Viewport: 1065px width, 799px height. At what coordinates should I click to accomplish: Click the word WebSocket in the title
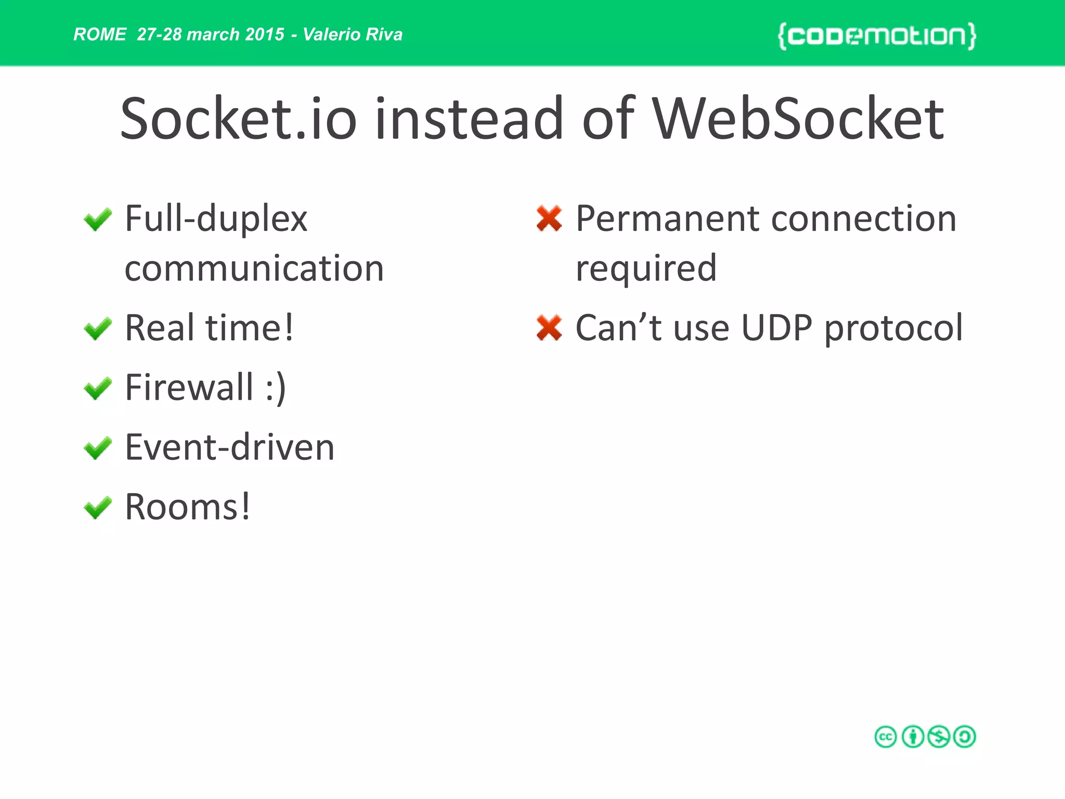(x=798, y=120)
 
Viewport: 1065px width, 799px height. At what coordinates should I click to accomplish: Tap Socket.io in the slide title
(x=238, y=120)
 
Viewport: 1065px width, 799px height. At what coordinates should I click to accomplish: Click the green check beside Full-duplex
(x=98, y=220)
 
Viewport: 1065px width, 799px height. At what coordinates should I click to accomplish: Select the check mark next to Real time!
(x=98, y=329)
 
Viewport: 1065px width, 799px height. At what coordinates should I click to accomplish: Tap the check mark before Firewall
(x=98, y=389)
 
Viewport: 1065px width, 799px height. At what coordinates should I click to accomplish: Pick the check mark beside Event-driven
(x=98, y=448)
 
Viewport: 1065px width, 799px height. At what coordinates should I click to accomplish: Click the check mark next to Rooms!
(x=98, y=508)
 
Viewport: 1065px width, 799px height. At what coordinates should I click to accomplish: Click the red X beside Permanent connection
(x=549, y=218)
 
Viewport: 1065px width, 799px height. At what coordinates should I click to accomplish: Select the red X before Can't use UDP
(x=549, y=328)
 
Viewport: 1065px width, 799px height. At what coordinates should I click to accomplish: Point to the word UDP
(x=776, y=328)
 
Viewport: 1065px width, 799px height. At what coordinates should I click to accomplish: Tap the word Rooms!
(x=188, y=507)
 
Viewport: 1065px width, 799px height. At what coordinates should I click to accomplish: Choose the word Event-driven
(x=230, y=447)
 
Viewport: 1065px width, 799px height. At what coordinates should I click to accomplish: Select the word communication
(x=254, y=269)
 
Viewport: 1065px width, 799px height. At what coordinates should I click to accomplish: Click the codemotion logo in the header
(x=877, y=35)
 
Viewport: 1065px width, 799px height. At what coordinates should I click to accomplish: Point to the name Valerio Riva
(x=353, y=34)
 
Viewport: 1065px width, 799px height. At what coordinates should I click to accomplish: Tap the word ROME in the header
(x=100, y=34)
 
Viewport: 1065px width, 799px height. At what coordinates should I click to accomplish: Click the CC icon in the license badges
(x=886, y=737)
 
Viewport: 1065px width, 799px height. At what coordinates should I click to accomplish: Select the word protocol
(x=893, y=329)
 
